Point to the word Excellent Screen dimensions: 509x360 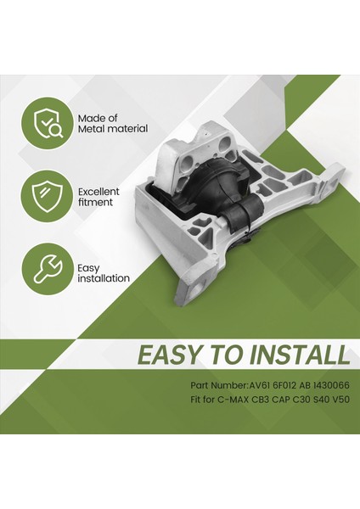point(99,192)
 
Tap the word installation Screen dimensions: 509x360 point(104,278)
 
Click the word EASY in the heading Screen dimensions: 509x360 point(179,355)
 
